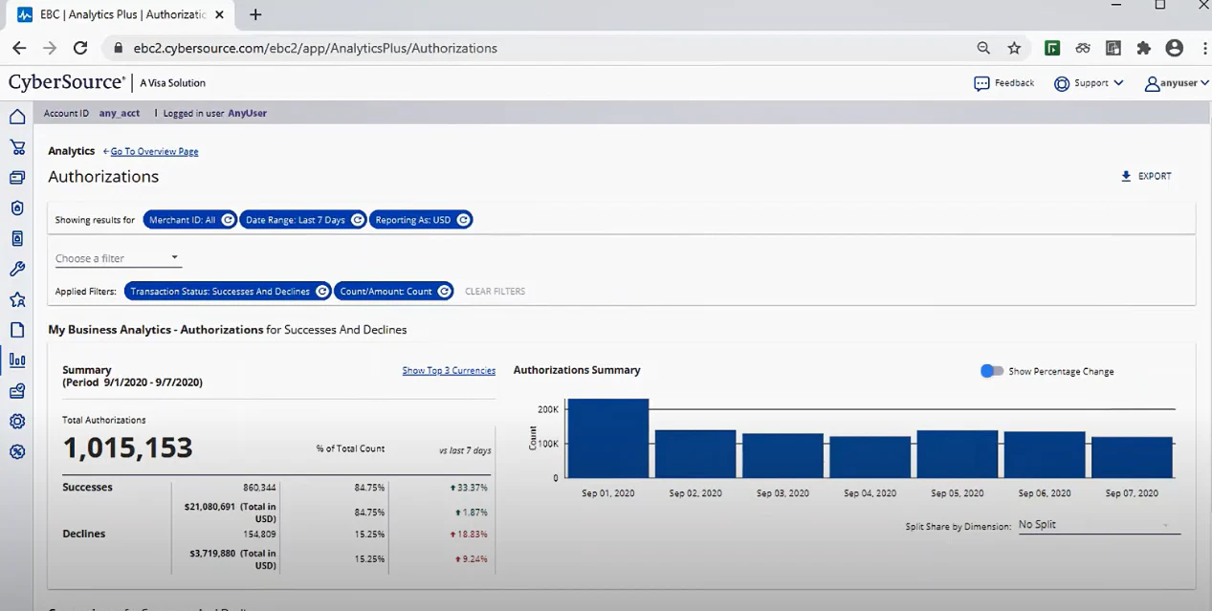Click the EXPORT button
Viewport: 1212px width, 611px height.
(x=1146, y=176)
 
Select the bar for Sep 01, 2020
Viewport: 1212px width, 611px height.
(x=607, y=438)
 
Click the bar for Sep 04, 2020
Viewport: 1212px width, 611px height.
(x=870, y=457)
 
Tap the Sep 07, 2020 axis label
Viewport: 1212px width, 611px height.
(x=1132, y=493)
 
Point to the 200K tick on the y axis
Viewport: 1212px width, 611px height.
(x=548, y=409)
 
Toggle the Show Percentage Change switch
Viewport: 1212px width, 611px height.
(x=992, y=371)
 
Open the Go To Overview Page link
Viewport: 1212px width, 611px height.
(x=154, y=151)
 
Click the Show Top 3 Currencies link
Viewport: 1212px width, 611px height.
(x=449, y=370)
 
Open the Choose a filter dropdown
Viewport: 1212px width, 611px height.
(x=118, y=258)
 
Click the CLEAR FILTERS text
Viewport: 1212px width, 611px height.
(x=495, y=292)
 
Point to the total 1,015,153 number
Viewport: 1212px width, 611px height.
(x=127, y=447)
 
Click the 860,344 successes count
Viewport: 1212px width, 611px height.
(x=259, y=488)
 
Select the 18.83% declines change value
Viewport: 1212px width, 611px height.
(x=469, y=535)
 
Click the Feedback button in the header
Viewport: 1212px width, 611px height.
(x=1004, y=83)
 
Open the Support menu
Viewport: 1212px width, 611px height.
(x=1089, y=83)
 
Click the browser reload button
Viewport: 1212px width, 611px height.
(x=80, y=48)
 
